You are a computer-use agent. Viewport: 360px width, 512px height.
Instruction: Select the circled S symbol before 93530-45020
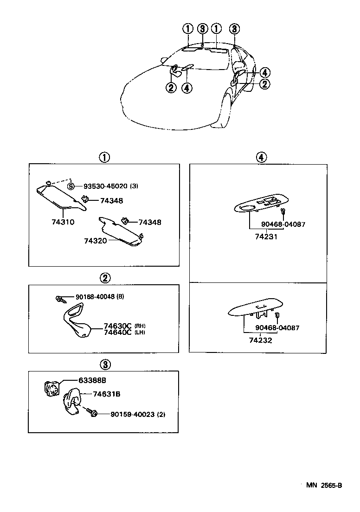pos(71,186)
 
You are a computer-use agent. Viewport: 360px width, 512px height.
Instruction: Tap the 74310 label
pos(63,222)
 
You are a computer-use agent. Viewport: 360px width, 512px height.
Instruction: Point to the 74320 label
pos(96,241)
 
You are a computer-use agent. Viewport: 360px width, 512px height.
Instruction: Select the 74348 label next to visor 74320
pos(150,222)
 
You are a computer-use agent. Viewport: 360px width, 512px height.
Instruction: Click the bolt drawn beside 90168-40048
pos(59,299)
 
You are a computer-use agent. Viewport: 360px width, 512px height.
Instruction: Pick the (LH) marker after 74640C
pos(139,333)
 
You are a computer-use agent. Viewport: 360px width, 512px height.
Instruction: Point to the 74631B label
pos(106,394)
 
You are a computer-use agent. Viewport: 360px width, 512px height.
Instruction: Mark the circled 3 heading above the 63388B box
pos(105,364)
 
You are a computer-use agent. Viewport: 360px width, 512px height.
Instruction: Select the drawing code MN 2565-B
pos(324,485)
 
